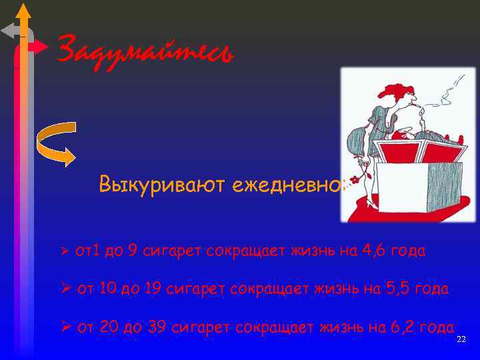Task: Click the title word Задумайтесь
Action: coord(145,51)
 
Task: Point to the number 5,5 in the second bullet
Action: coord(397,289)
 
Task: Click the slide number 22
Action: coord(461,340)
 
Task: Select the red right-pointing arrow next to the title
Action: coord(39,47)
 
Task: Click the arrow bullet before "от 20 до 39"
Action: coord(65,327)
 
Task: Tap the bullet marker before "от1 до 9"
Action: coord(65,252)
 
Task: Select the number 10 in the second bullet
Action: coord(108,289)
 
